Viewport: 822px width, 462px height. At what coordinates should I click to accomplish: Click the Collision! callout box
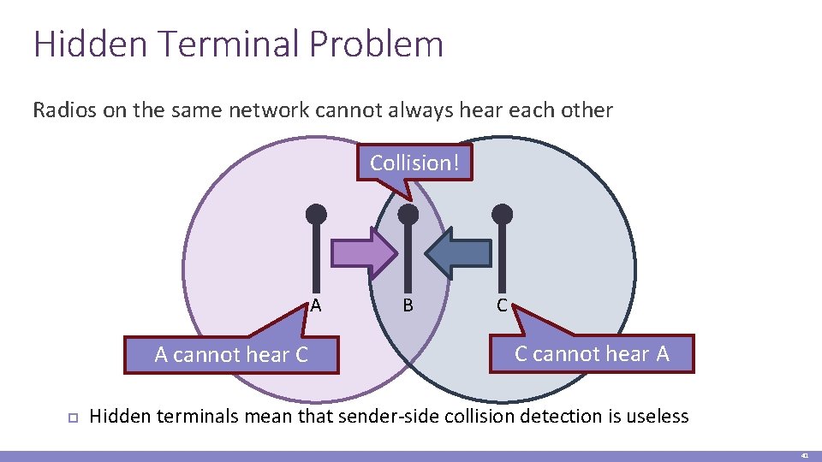pyautogui.click(x=414, y=163)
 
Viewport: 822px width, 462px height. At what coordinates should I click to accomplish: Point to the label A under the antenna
pyautogui.click(x=316, y=305)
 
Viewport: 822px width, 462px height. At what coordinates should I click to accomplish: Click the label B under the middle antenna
pyautogui.click(x=408, y=305)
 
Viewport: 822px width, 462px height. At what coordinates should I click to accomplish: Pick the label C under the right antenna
pyautogui.click(x=502, y=305)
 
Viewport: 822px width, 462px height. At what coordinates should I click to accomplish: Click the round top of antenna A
pyautogui.click(x=317, y=214)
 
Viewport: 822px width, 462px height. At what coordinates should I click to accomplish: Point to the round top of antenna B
pyautogui.click(x=410, y=214)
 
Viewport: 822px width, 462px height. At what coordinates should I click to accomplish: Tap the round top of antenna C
pyautogui.click(x=503, y=214)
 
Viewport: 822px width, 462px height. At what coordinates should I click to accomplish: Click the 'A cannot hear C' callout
pyautogui.click(x=231, y=355)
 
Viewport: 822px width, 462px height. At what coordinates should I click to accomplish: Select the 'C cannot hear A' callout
pyautogui.click(x=592, y=353)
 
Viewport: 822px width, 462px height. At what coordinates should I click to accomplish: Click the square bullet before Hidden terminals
pyautogui.click(x=73, y=418)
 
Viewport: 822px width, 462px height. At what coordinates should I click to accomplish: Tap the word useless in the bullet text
pyautogui.click(x=657, y=417)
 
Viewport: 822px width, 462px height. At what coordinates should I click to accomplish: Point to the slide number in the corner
pyautogui.click(x=805, y=456)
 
